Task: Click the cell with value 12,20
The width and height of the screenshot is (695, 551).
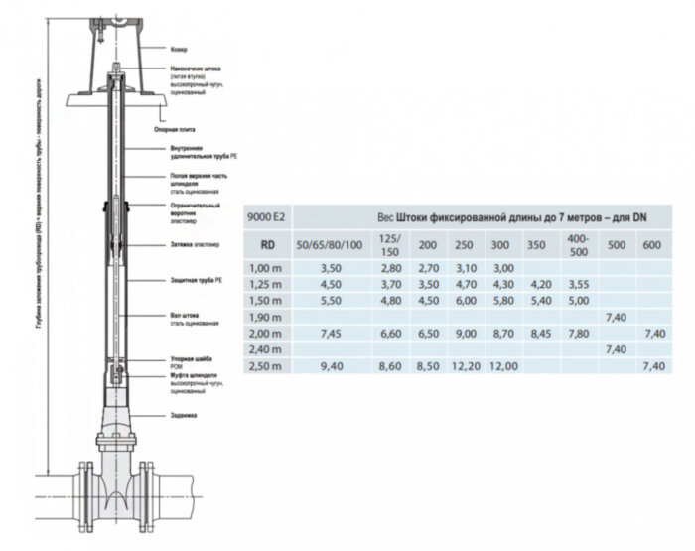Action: click(464, 367)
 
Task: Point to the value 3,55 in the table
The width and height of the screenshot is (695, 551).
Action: click(581, 283)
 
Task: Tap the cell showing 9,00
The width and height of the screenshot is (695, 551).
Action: click(464, 334)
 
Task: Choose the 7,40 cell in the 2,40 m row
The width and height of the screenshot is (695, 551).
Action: click(615, 350)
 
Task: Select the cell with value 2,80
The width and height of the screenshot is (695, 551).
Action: click(391, 267)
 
